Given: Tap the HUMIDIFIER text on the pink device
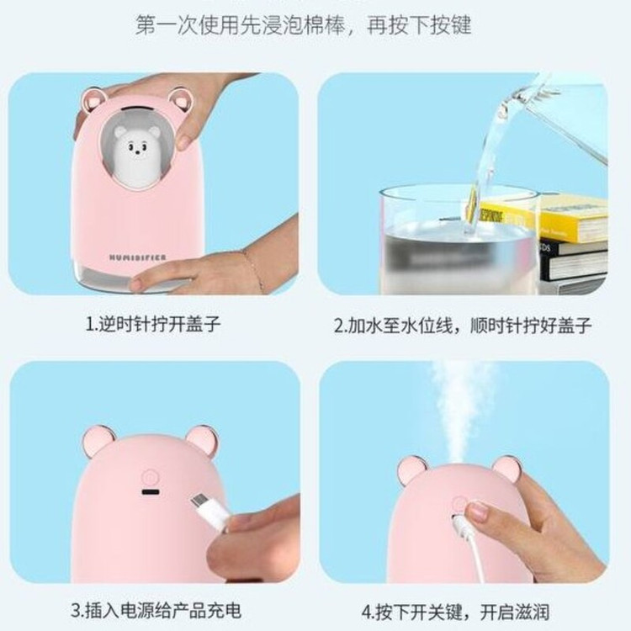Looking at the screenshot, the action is pyautogui.click(x=138, y=257).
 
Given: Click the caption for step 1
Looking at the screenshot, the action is pyautogui.click(x=153, y=324).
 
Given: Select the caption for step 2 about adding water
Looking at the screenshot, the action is pyautogui.click(x=462, y=325).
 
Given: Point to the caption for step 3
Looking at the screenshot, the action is pyautogui.click(x=156, y=611).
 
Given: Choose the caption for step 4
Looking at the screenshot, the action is pyautogui.click(x=455, y=612).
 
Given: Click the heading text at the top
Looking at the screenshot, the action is pyautogui.click(x=303, y=25).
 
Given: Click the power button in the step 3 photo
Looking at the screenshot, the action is pyautogui.click(x=149, y=478).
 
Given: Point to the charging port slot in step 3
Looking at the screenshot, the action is pyautogui.click(x=150, y=492).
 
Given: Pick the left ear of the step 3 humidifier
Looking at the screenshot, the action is pyautogui.click(x=98, y=442).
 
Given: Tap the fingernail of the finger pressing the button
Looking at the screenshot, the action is pyautogui.click(x=477, y=511).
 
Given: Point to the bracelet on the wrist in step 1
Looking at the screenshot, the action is pyautogui.click(x=252, y=268).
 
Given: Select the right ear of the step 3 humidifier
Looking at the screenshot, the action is pyautogui.click(x=203, y=441).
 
